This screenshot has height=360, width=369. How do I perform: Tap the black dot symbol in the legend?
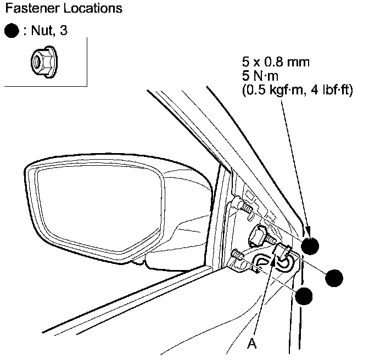tap(11, 31)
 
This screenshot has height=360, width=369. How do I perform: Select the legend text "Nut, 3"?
tap(50, 31)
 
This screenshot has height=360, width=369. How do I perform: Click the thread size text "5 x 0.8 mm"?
tap(276, 62)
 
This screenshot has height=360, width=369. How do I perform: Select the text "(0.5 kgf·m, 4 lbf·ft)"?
tap(297, 89)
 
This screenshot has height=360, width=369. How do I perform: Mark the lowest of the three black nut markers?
tap(303, 296)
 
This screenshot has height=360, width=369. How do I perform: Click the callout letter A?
tap(251, 344)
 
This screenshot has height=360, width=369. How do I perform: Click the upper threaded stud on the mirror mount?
tap(243, 207)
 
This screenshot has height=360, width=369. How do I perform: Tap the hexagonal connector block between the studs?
tap(260, 235)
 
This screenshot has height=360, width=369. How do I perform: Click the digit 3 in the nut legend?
tap(65, 31)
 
